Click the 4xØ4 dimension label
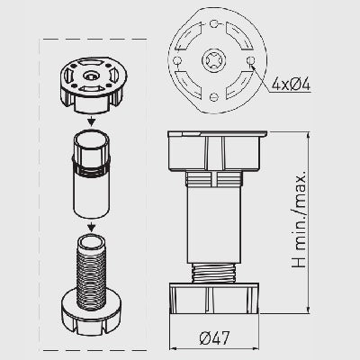coord(291,84)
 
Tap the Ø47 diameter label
coord(214,338)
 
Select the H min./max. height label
coord(299,219)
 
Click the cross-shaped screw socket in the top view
coord(213,60)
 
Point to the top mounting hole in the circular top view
coord(213,23)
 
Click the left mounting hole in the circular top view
coord(176,60)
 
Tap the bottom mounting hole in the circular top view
coord(213,97)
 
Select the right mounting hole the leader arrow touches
coord(250,60)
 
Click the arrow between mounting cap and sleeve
coord(92,120)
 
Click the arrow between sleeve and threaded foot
coord(92,227)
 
